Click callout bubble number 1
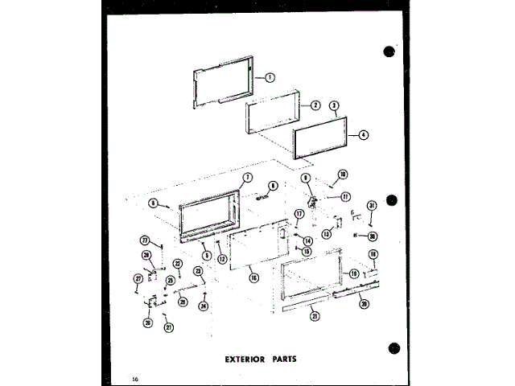(270, 78)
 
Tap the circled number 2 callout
(315, 105)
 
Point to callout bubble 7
(248, 177)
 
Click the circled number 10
(342, 174)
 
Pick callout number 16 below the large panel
(253, 277)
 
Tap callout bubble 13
(327, 234)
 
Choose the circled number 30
(373, 236)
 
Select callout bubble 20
(363, 304)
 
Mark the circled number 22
(178, 264)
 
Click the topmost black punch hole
(390, 50)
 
